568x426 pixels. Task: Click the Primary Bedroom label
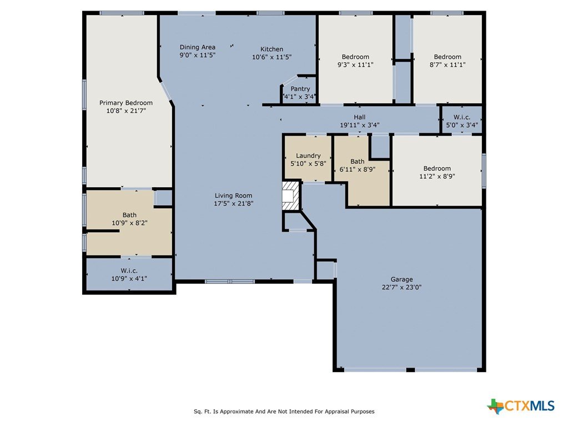pyautogui.click(x=126, y=103)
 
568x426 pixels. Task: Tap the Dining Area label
pyautogui.click(x=198, y=47)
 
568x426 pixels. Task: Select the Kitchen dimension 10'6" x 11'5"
pyautogui.click(x=272, y=57)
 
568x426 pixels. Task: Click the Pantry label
pyautogui.click(x=300, y=89)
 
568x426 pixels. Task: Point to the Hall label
pyautogui.click(x=359, y=117)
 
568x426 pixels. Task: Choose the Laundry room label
pyautogui.click(x=308, y=156)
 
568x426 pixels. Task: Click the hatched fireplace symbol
pyautogui.click(x=291, y=196)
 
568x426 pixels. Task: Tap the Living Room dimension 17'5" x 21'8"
pyautogui.click(x=233, y=204)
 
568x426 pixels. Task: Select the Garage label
pyautogui.click(x=401, y=279)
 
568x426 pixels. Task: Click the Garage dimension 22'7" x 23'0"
pyautogui.click(x=401, y=287)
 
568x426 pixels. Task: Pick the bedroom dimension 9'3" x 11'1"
pyautogui.click(x=355, y=65)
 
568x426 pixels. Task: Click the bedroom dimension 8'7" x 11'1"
pyautogui.click(x=448, y=65)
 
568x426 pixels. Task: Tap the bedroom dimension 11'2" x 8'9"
pyautogui.click(x=437, y=177)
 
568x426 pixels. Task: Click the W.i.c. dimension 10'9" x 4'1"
pyautogui.click(x=129, y=279)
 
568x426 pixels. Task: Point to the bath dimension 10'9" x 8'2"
pyautogui.click(x=129, y=223)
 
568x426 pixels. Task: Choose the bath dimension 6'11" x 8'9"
pyautogui.click(x=357, y=169)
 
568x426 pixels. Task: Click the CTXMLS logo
pyautogui.click(x=521, y=405)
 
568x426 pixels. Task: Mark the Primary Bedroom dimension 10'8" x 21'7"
pyautogui.click(x=126, y=111)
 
